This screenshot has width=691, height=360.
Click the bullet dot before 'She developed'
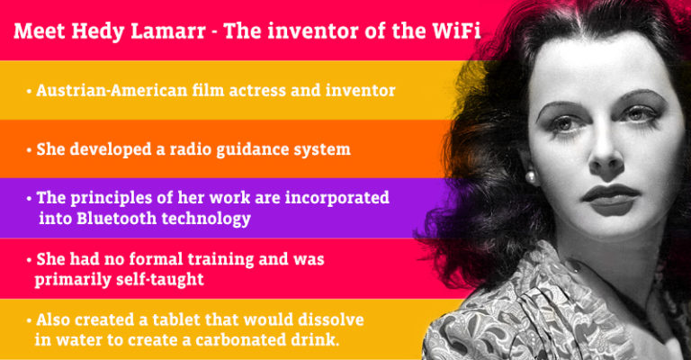pos(29,149)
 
